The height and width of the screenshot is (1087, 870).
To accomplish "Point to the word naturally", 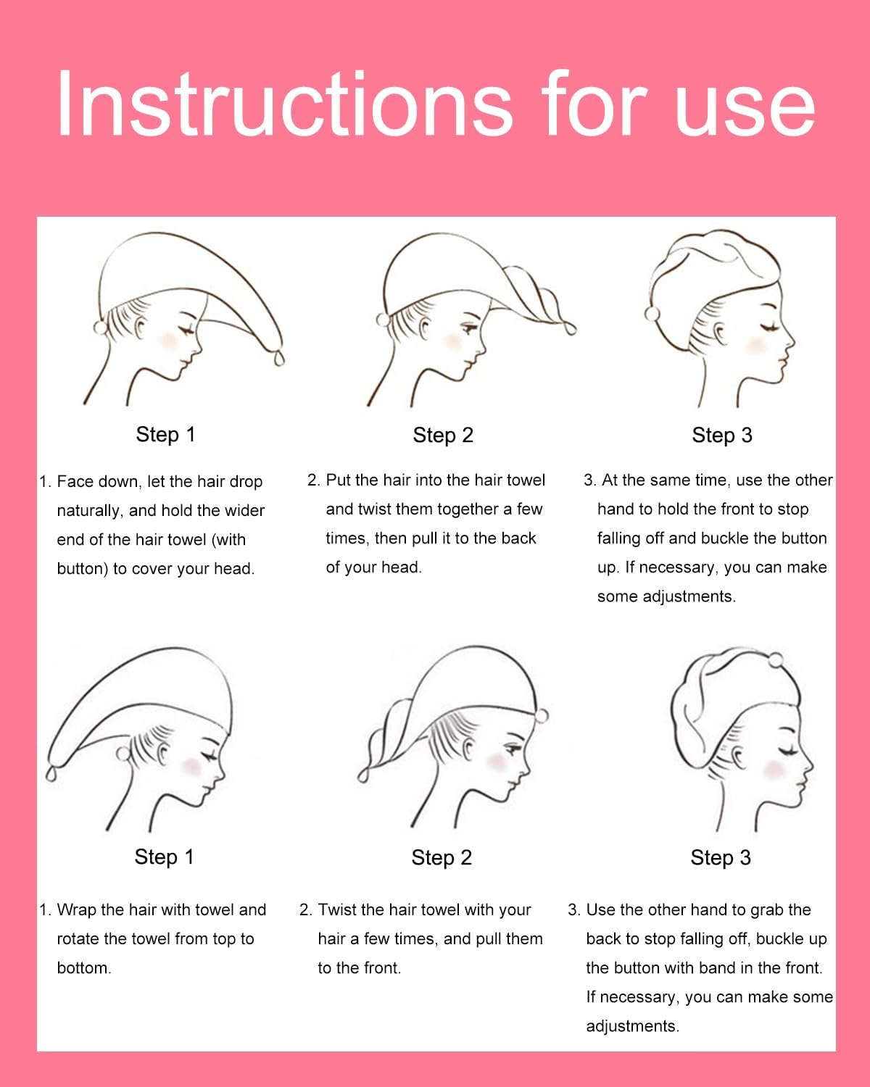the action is point(89,511).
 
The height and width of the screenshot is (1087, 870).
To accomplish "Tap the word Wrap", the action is point(76,909).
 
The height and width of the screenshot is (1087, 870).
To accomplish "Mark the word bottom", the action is point(83,968).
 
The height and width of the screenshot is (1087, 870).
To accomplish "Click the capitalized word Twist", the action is point(336,909).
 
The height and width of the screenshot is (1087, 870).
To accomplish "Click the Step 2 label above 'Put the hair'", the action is point(443,436).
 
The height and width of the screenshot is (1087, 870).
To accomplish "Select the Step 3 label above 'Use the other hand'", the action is point(721,858).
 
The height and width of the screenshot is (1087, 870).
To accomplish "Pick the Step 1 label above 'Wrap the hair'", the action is point(164,857).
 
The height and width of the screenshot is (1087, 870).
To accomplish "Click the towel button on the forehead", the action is point(541,716).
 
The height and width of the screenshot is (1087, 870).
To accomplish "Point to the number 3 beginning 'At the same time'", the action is point(589,480).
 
